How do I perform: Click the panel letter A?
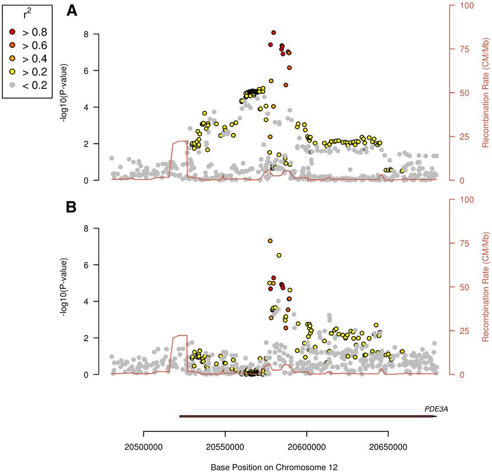(x=72, y=11)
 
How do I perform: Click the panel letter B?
(x=72, y=207)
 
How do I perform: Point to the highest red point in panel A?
(x=274, y=33)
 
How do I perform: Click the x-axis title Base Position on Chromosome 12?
(x=274, y=467)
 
